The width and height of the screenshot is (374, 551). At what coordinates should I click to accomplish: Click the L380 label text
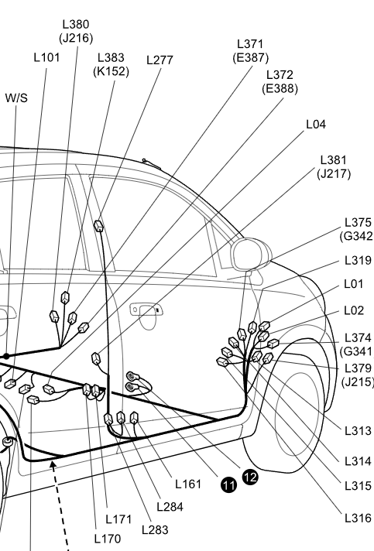point(76,24)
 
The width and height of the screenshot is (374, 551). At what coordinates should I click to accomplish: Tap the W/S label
point(16,98)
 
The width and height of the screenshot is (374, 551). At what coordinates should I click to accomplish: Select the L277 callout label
point(160,60)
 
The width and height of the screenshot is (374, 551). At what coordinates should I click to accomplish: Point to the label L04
point(316,124)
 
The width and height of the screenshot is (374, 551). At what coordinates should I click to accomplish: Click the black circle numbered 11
point(228,485)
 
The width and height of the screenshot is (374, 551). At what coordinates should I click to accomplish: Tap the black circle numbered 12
point(250,477)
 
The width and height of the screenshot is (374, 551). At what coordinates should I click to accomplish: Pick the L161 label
point(188,484)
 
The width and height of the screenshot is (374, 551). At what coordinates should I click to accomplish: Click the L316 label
point(358,518)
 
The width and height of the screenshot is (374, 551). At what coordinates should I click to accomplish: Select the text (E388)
point(280,88)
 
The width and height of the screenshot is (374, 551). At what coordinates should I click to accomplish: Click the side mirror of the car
point(251,255)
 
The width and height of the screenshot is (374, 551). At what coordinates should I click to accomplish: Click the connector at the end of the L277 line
point(99,226)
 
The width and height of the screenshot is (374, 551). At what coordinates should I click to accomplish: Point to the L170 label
point(108,539)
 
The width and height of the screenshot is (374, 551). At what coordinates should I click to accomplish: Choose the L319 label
point(358,260)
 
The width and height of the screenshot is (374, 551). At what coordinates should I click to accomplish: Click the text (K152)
point(111,71)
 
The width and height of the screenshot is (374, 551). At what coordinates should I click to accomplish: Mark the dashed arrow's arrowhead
point(53,466)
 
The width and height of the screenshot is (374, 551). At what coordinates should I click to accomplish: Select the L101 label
point(46,57)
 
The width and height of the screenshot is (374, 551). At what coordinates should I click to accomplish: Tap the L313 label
point(358,430)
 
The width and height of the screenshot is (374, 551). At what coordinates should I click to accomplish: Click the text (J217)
point(334,173)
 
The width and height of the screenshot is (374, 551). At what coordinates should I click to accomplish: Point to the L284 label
point(170,506)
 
